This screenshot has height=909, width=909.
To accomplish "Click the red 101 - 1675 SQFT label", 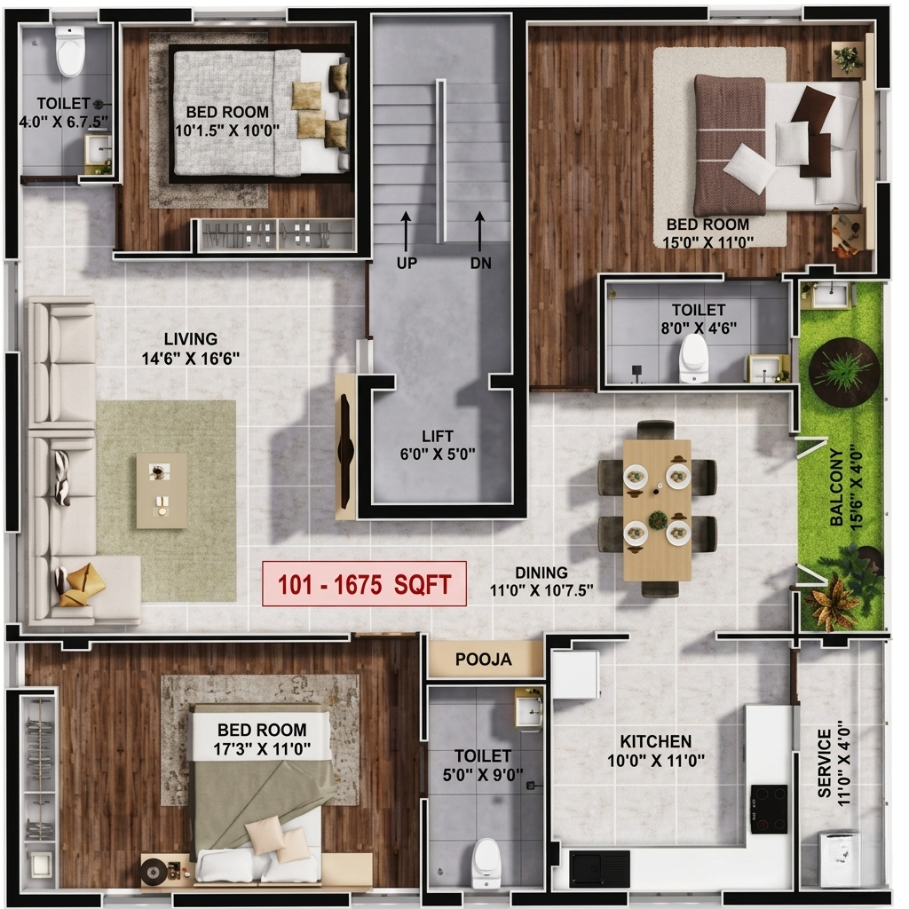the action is click(364, 584).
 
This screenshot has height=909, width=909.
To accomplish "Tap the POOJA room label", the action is click(484, 660).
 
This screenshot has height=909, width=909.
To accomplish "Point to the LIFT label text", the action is click(438, 436).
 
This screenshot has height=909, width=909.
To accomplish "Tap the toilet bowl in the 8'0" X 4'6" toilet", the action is click(694, 359).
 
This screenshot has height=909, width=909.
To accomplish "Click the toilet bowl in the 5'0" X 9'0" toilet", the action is click(486, 863).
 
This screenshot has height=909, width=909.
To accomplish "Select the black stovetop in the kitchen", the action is click(770, 810).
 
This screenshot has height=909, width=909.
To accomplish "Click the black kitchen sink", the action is click(600, 870).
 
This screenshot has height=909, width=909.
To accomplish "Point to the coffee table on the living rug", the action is click(162, 490).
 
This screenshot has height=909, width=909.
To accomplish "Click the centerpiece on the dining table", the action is click(658, 520).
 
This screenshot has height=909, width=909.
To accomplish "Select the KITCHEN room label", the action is click(656, 741).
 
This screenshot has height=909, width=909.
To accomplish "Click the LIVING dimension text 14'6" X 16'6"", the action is click(191, 359).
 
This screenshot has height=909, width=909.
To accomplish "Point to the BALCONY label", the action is click(836, 487).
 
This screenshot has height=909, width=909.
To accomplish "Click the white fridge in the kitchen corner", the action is click(575, 675).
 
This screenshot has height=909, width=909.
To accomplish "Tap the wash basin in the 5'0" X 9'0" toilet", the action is click(529, 707).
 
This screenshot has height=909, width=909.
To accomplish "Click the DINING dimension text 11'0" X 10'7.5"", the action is click(541, 590).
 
